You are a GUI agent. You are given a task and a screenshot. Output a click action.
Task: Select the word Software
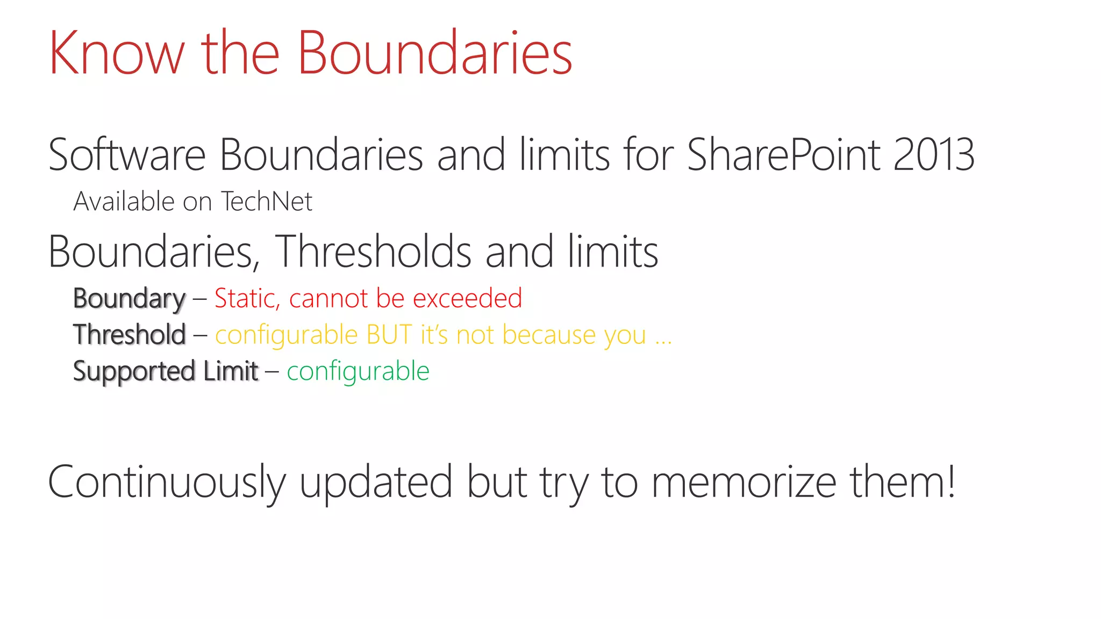click(127, 155)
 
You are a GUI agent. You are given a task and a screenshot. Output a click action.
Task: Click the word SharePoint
click(783, 155)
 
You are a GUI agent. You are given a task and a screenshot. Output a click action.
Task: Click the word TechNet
click(267, 202)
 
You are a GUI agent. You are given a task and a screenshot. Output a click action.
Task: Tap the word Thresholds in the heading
click(373, 251)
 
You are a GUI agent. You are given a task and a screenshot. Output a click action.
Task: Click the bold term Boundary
click(129, 299)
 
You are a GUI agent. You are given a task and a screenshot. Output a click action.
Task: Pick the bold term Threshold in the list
click(130, 335)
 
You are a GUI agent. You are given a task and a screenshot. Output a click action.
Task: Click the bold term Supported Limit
click(166, 371)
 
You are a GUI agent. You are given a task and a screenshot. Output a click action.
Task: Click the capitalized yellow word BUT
click(389, 335)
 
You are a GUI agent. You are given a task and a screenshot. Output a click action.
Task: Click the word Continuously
click(167, 483)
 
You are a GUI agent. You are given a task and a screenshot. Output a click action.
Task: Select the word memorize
click(744, 483)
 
